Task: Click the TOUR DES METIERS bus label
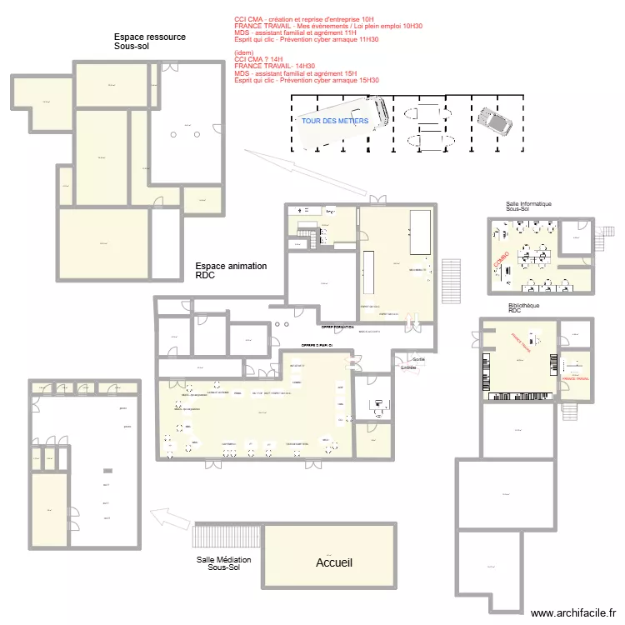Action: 335,121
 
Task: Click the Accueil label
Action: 333,563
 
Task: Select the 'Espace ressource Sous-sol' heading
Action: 150,42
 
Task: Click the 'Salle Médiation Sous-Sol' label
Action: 223,564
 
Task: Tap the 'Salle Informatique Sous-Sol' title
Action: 528,207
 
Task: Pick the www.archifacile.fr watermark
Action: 574,612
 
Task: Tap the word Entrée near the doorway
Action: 408,367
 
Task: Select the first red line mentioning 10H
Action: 304,18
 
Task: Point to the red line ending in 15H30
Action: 307,80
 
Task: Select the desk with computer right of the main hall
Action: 377,406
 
